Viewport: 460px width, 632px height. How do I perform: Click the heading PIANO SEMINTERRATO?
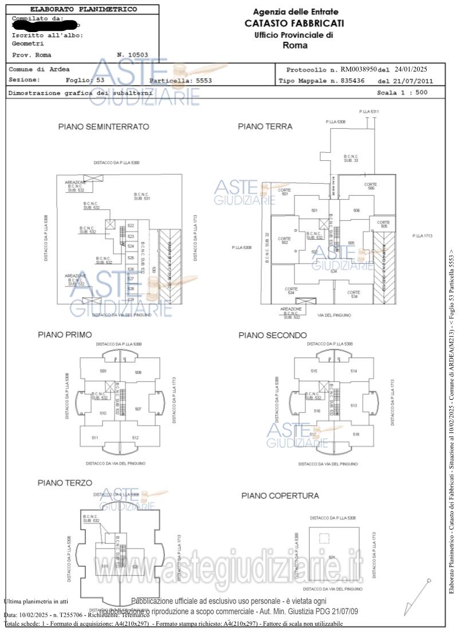(104, 126)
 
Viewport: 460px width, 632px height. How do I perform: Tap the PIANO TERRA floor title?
(265, 126)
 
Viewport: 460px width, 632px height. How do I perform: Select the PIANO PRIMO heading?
(65, 335)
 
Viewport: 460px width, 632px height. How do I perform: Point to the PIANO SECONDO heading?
(273, 335)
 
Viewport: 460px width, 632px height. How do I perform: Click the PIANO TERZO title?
(65, 483)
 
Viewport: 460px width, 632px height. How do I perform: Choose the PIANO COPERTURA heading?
(280, 495)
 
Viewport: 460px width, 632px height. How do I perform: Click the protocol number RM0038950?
(359, 69)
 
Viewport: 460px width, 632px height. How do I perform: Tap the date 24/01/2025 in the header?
(411, 69)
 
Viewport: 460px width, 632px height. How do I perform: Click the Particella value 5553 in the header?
(204, 81)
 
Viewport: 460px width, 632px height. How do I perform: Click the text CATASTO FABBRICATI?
(294, 23)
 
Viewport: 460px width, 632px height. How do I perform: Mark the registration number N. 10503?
(132, 55)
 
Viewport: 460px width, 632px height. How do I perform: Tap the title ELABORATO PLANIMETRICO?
(83, 9)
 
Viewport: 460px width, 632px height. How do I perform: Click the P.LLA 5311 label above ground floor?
(369, 112)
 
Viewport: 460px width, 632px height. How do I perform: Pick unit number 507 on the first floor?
(137, 409)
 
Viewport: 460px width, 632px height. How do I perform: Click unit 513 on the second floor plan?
(353, 406)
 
